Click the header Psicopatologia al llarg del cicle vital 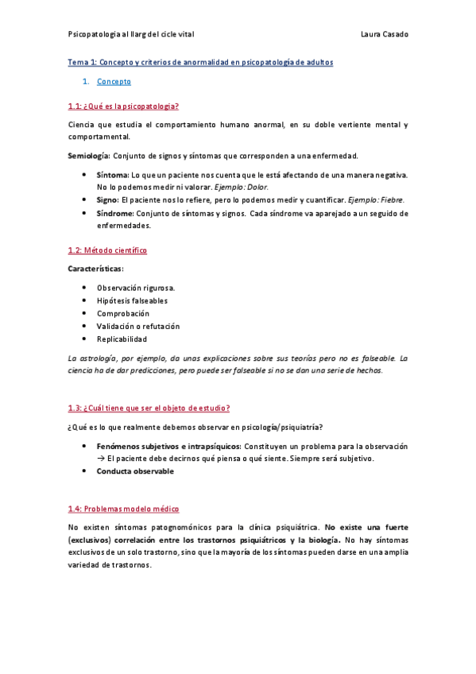pyautogui.click(x=130, y=34)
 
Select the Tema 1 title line pyautogui.click(x=200, y=62)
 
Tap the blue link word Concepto pyautogui.click(x=114, y=81)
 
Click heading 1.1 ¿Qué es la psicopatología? pyautogui.click(x=123, y=106)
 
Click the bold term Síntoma pyautogui.click(x=112, y=174)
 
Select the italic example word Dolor pyautogui.click(x=255, y=186)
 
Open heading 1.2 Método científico pyautogui.click(x=107, y=250)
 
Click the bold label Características pyautogui.click(x=96, y=269)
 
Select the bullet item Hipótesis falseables pyautogui.click(x=132, y=300)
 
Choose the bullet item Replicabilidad pyautogui.click(x=122, y=339)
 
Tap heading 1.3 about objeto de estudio pyautogui.click(x=149, y=409)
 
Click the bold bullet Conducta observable pyautogui.click(x=135, y=471)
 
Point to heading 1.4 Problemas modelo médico pyautogui.click(x=123, y=508)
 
